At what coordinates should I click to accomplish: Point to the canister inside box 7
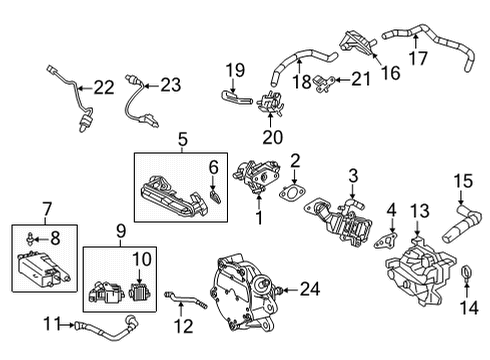(42, 265)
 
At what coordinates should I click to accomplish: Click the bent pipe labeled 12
(183, 297)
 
